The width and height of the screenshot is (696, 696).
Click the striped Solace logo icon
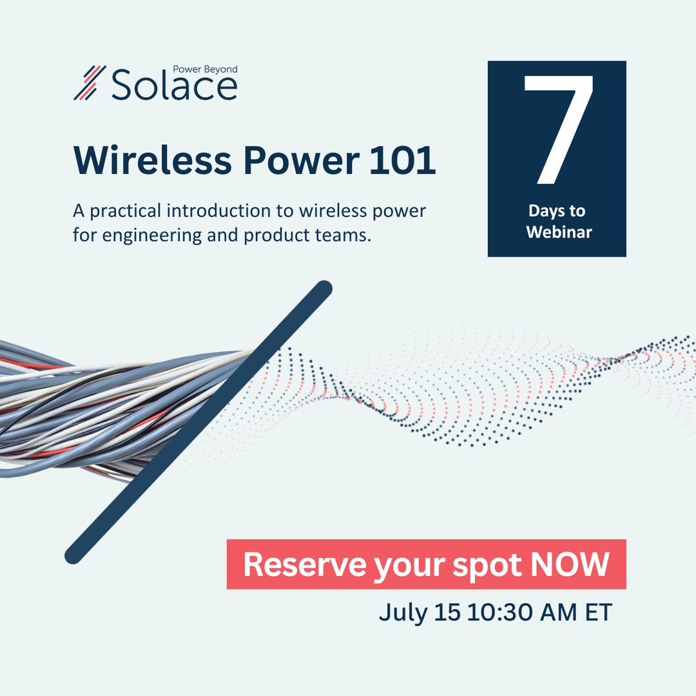pyautogui.click(x=90, y=82)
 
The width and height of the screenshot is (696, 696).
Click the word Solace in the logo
pyautogui.click(x=174, y=86)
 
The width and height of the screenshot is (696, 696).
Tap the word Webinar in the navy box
pyautogui.click(x=559, y=232)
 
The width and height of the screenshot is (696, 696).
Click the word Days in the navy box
pyautogui.click(x=543, y=211)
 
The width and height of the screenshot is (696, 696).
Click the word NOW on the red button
pyautogui.click(x=570, y=565)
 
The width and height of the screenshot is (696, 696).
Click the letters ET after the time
pyautogui.click(x=598, y=612)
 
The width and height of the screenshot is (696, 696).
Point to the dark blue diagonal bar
pyautogui.click(x=200, y=422)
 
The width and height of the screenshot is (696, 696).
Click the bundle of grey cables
pyautogui.click(x=97, y=406)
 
